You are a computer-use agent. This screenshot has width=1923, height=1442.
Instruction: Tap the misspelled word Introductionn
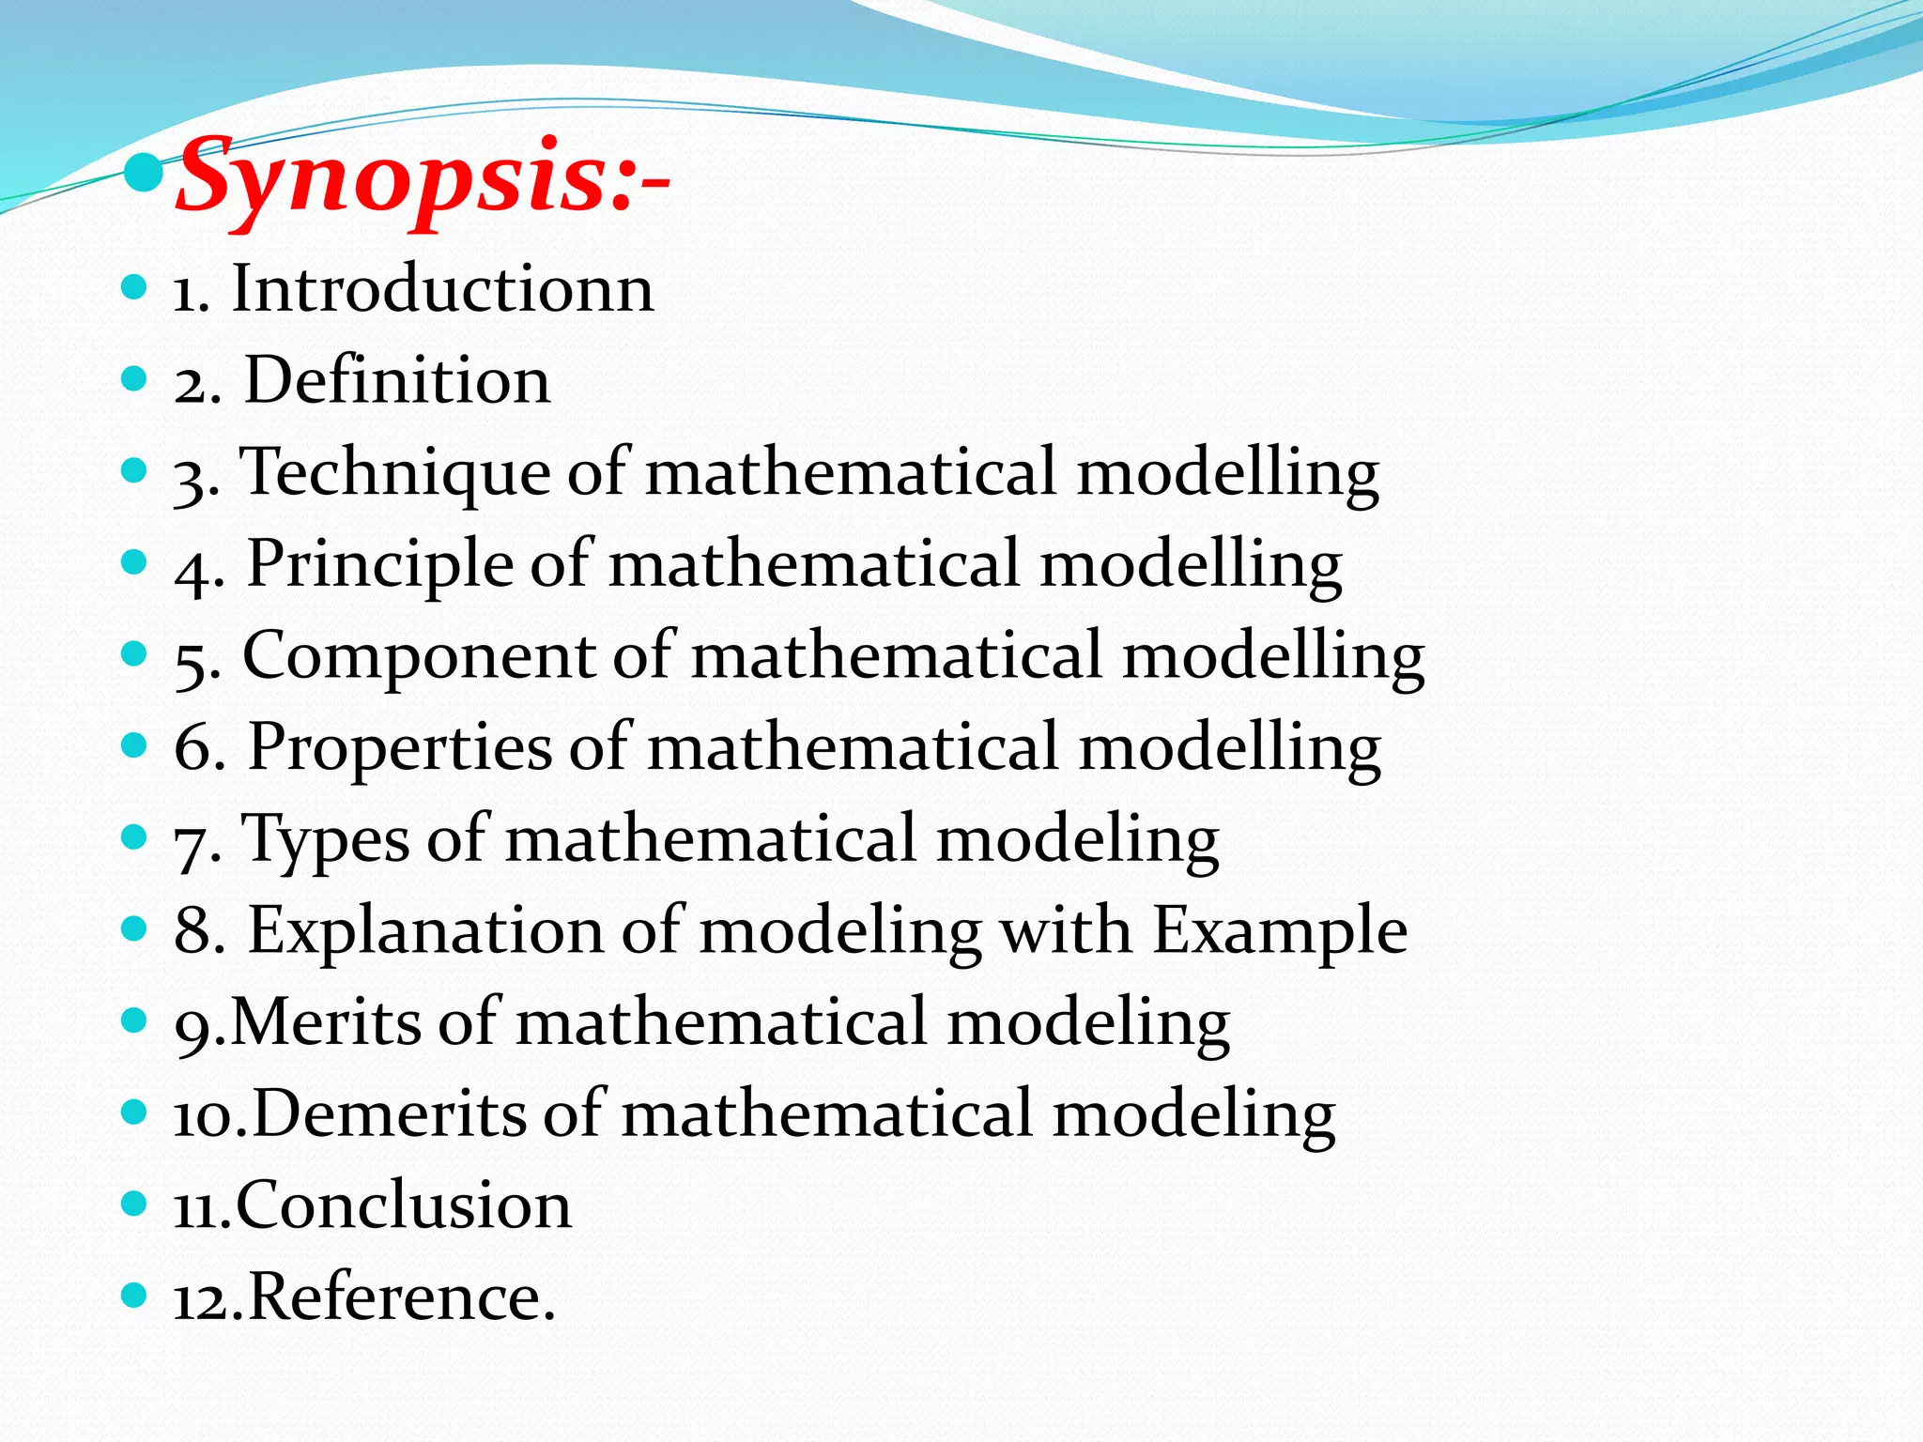click(x=442, y=288)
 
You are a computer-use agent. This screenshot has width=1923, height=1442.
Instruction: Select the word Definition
click(x=397, y=380)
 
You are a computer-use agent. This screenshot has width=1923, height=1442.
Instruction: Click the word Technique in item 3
click(x=395, y=472)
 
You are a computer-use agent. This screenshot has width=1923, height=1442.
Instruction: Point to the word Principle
click(x=379, y=564)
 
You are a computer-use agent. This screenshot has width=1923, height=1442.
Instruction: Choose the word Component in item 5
click(x=419, y=656)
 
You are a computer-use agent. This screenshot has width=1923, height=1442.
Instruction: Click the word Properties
click(x=400, y=747)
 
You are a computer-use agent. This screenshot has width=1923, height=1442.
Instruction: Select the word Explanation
click(x=425, y=931)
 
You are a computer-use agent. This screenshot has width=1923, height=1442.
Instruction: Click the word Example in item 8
click(x=1280, y=931)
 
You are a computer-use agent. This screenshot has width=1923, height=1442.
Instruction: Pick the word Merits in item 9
click(x=326, y=1021)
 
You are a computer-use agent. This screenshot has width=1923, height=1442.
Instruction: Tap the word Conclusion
click(x=403, y=1205)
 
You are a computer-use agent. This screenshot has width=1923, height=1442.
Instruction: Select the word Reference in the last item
click(x=394, y=1297)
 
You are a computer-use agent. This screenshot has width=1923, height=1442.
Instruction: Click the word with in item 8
click(x=1065, y=931)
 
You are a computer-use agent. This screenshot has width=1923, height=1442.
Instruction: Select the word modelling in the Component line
click(x=1273, y=656)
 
